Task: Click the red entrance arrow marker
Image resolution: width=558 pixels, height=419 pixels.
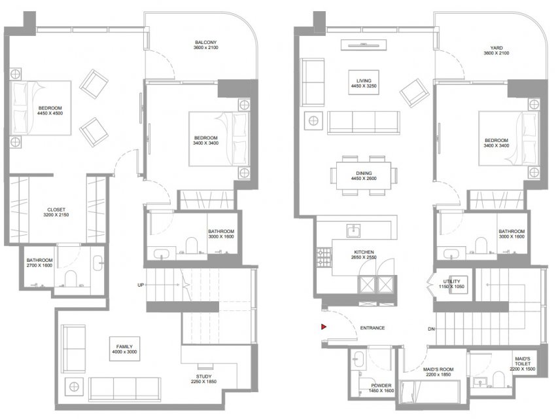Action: [x=324, y=327]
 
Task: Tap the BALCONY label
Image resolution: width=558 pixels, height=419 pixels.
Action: [x=205, y=42]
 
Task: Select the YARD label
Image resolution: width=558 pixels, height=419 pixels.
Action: [x=496, y=48]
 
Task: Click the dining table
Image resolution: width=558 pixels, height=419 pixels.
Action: [x=363, y=175]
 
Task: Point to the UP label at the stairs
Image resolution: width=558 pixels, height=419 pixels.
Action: [x=141, y=285]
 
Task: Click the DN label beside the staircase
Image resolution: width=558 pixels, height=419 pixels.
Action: [x=431, y=329]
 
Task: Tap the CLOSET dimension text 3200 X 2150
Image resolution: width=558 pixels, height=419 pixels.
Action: [x=56, y=215]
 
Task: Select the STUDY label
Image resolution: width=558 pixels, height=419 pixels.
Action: [x=203, y=376]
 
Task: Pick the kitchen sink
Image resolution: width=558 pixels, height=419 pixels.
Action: [x=353, y=230]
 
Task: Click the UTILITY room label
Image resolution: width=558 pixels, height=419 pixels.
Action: [x=451, y=281]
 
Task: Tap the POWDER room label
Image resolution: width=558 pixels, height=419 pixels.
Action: [x=381, y=386]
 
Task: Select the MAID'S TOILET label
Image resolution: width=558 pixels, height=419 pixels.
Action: [x=523, y=361]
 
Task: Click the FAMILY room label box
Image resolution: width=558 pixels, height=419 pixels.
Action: [x=124, y=349]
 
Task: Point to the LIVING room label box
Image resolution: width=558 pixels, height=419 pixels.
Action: [x=364, y=82]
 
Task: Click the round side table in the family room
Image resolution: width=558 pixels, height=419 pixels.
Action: [x=74, y=387]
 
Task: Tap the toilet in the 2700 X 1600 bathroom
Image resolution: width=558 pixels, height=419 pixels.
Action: [x=71, y=279]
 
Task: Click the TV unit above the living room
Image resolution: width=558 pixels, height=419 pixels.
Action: [x=363, y=45]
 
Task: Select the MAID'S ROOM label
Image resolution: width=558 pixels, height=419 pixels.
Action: [x=438, y=369]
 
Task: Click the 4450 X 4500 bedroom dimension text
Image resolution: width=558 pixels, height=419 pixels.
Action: [x=50, y=113]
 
